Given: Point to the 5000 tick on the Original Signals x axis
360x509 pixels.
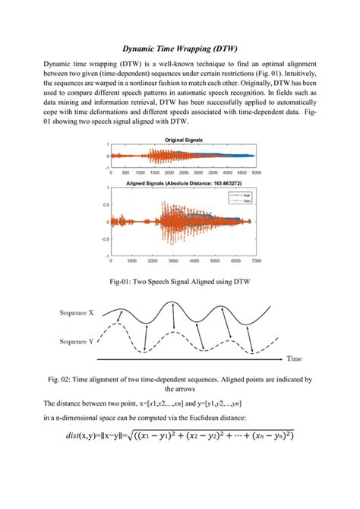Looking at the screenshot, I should pyautogui.click(x=257, y=173).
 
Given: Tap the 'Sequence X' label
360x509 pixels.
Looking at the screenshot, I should pyautogui.click(x=76, y=312).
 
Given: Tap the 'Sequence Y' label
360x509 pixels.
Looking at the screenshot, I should pyautogui.click(x=76, y=342).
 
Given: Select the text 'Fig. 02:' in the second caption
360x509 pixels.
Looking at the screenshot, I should pyautogui.click(x=62, y=378).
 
